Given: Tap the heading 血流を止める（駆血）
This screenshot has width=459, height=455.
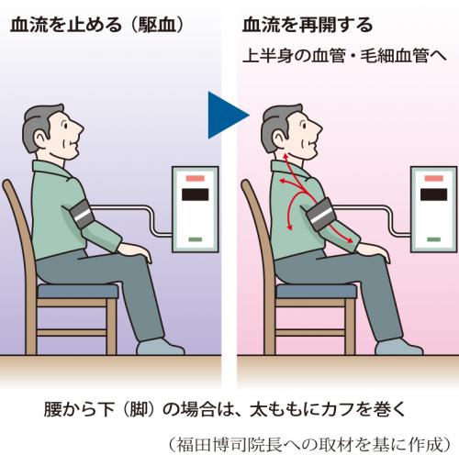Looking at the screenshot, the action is [x=97, y=25].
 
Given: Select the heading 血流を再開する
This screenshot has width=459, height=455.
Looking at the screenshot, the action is [x=308, y=25].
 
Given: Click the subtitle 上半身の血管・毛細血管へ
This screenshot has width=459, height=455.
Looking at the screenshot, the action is [x=344, y=56].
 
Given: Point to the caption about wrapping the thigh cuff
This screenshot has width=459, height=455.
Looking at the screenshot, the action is [x=225, y=409].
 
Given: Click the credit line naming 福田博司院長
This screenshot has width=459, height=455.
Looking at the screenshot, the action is [x=309, y=444].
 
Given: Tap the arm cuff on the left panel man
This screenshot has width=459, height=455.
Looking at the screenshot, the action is [x=81, y=214].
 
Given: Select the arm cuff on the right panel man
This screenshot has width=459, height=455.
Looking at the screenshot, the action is [x=319, y=214].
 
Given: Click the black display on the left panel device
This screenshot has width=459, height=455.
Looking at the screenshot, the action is [x=196, y=194].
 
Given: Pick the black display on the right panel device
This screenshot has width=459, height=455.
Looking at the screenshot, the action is [x=433, y=194].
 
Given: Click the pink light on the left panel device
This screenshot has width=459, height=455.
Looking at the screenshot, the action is [x=196, y=178].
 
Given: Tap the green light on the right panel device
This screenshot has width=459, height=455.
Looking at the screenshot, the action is [x=433, y=239].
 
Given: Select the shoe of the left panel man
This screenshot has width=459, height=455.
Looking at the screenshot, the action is [x=160, y=347].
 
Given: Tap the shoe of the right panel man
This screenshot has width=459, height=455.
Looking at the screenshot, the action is [x=398, y=347].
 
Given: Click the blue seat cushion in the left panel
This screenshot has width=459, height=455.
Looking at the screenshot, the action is [x=78, y=291].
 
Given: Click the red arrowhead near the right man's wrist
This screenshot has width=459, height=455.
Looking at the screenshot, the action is [x=349, y=239].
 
